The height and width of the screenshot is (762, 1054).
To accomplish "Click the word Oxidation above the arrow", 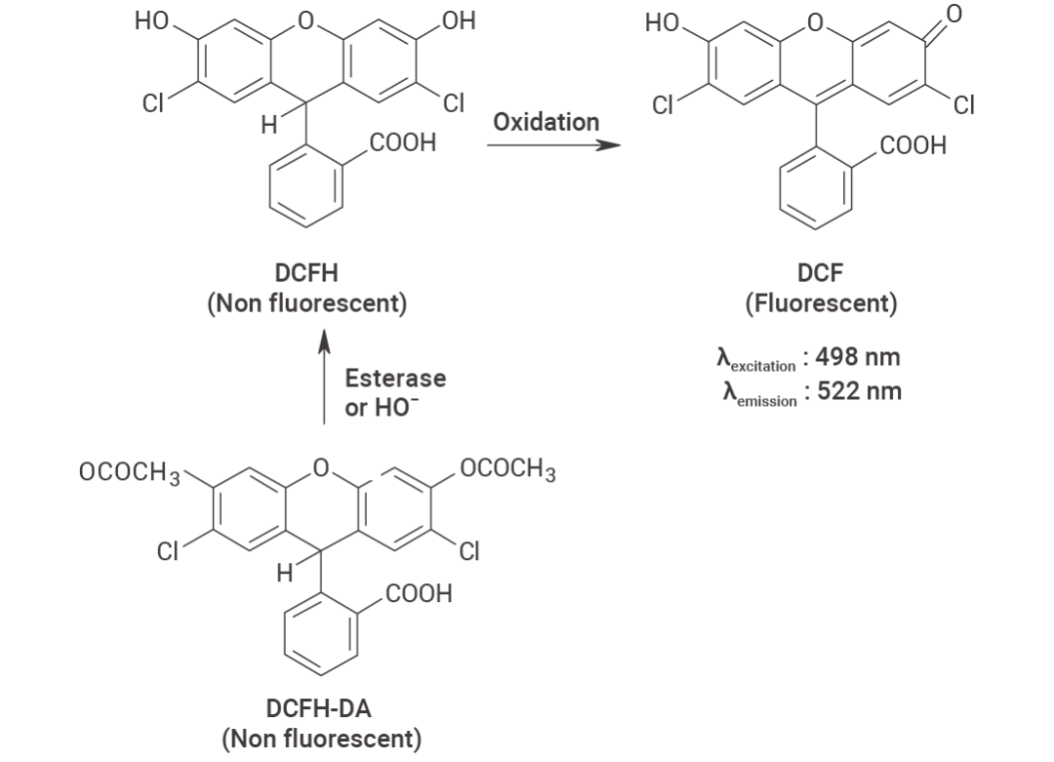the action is (x=546, y=122).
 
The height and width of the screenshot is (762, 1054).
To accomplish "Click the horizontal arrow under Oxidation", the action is (x=554, y=144).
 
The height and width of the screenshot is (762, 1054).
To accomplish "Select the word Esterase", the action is (x=395, y=378).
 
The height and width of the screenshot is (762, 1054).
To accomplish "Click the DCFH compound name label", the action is (x=306, y=273).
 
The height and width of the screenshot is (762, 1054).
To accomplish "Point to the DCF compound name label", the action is (x=820, y=273).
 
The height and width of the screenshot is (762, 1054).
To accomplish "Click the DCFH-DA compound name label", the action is (x=318, y=708).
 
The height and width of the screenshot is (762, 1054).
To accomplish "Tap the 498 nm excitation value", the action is (x=858, y=357).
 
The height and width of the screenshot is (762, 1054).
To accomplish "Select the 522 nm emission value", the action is (x=859, y=391).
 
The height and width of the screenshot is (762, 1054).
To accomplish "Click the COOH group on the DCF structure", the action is (x=912, y=145).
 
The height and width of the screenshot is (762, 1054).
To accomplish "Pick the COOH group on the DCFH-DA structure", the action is (x=419, y=593).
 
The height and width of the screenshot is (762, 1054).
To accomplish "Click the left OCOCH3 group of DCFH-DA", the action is (x=130, y=472).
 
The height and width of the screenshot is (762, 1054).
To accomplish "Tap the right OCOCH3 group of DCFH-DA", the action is (x=508, y=469).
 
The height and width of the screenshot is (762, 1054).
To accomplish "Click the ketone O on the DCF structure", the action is (x=954, y=14).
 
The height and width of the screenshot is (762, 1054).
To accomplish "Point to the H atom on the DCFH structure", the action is (x=269, y=125).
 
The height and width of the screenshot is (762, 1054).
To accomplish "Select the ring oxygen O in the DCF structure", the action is (x=815, y=23).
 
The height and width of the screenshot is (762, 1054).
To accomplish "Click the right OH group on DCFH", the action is (x=459, y=20).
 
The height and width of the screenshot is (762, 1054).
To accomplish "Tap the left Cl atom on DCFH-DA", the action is (x=168, y=551).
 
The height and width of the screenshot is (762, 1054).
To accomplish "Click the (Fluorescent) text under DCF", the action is (x=821, y=303).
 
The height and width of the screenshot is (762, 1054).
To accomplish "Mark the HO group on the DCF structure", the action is (x=662, y=22).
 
